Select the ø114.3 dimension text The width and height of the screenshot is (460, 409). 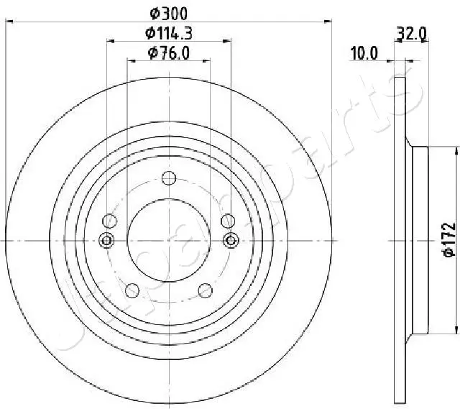pyautogui.click(x=169, y=32)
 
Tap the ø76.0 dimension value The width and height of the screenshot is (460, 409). pyautogui.click(x=169, y=52)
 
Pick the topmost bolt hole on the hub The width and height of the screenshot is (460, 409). pyautogui.click(x=169, y=178)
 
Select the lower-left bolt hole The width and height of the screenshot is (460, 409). pyautogui.click(x=132, y=290)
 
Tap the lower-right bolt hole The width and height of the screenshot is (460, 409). pyautogui.click(x=206, y=290)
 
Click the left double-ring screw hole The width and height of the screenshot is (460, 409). pyautogui.click(x=107, y=240)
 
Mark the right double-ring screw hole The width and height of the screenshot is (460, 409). pyautogui.click(x=231, y=240)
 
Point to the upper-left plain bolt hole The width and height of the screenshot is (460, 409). pyautogui.click(x=110, y=221)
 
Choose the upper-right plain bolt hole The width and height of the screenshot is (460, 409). pyautogui.click(x=228, y=221)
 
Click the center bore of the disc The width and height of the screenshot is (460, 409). pyautogui.click(x=169, y=240)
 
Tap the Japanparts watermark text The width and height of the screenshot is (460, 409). pyautogui.click(x=216, y=216)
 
